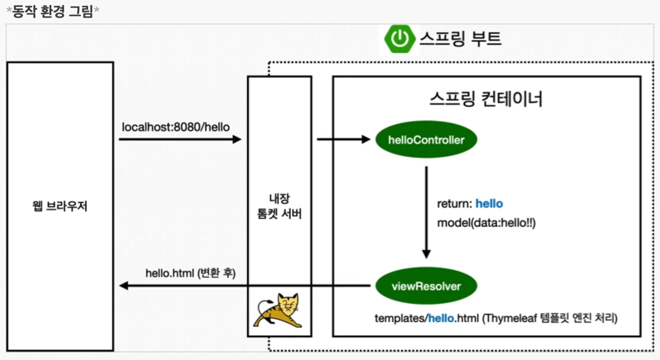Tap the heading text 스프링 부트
tap(460, 39)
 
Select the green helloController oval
tap(426, 139)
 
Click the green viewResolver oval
tap(426, 286)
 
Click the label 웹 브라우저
tap(60, 207)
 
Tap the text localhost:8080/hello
tap(176, 126)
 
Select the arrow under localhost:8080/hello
tap(180, 139)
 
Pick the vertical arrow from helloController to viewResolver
tap(426, 211)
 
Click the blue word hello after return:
tap(489, 204)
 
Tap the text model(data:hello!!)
tap(486, 223)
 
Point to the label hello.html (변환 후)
tap(190, 273)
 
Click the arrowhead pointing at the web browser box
tap(124, 286)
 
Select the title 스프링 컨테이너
tap(486, 99)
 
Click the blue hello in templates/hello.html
tap(441, 318)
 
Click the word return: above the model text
tap(455, 204)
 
